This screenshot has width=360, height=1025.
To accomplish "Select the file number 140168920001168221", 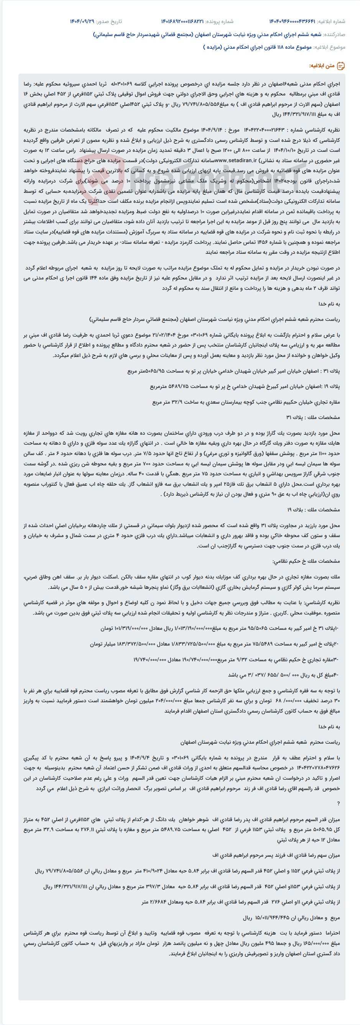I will pyautogui.click(x=182, y=21).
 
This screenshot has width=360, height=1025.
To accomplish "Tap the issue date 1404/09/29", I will pyautogui.click(x=82, y=21).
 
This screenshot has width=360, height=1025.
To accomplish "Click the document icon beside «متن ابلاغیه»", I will pyautogui.click(x=341, y=66).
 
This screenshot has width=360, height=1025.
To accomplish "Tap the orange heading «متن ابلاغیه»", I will pyautogui.click(x=322, y=66).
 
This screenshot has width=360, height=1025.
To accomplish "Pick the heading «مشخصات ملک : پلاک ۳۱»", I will pyautogui.click(x=313, y=417).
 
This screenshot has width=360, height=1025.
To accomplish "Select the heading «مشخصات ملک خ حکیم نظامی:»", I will pyautogui.click(x=306, y=561).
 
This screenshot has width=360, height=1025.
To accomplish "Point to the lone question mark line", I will pyautogui.click(x=339, y=803).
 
